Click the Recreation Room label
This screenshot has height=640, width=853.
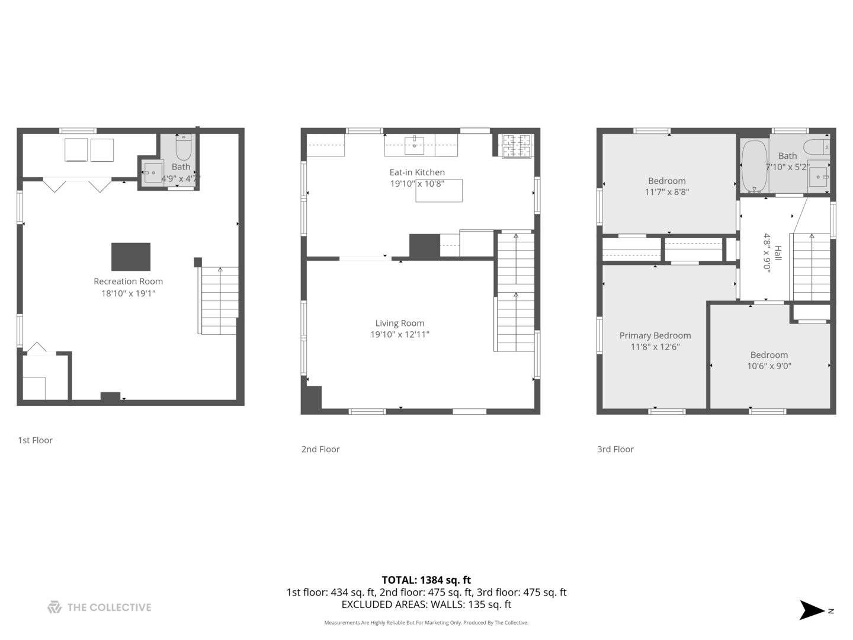(x=128, y=281)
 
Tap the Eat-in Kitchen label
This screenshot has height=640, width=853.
(x=417, y=172)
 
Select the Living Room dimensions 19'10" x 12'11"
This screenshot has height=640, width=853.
(x=400, y=335)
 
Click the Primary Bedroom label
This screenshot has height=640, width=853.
(x=655, y=335)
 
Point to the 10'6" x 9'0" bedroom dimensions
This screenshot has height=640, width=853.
(x=769, y=366)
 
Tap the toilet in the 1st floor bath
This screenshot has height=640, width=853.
(x=184, y=146)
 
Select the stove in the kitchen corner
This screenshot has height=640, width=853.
(x=517, y=146)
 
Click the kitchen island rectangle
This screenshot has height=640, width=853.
(x=439, y=191)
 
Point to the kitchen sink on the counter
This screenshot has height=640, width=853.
(x=415, y=145)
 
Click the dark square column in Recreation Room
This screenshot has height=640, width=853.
(x=131, y=257)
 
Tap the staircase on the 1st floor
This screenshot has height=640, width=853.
(x=220, y=300)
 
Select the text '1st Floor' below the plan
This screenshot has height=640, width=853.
(x=35, y=440)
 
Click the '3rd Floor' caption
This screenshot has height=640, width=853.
(x=615, y=449)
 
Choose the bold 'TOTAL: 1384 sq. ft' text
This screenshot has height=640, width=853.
(x=426, y=580)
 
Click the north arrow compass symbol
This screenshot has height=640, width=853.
(x=812, y=610)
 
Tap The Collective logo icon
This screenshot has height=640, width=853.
(x=54, y=607)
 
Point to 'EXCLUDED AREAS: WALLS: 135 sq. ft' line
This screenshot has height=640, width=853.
(x=426, y=605)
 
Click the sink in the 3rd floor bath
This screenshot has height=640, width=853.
(x=819, y=177)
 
